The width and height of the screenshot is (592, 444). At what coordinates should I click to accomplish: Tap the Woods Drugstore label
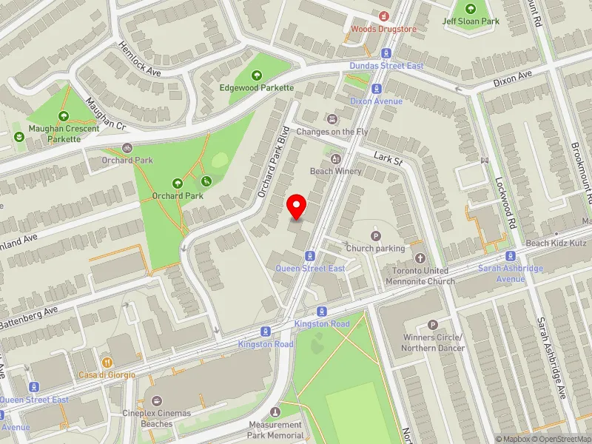(384, 29)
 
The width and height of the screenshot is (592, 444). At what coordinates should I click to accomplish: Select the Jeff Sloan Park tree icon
(471, 9)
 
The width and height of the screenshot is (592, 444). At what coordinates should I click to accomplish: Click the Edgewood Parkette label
(257, 87)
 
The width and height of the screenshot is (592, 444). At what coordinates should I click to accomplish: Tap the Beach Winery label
(335, 171)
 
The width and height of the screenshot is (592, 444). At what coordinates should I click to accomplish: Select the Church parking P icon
(375, 236)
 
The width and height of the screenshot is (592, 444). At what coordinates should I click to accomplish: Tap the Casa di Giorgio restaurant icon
(107, 363)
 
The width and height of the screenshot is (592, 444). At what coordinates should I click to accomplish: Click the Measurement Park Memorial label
(275, 430)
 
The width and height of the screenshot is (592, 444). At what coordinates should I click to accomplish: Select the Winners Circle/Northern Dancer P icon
(433, 325)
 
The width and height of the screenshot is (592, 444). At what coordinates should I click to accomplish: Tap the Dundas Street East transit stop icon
(386, 53)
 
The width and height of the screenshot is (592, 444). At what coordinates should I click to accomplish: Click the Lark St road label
(387, 159)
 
